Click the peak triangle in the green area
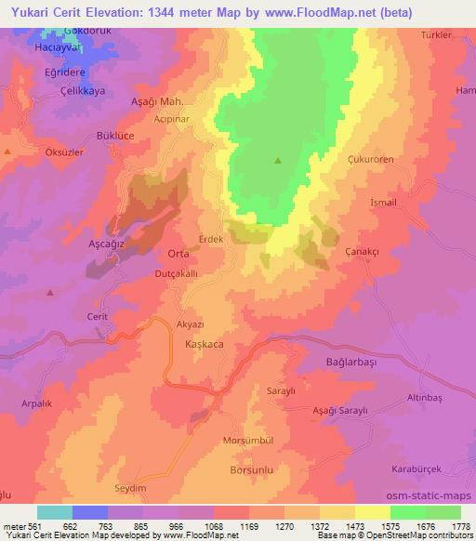[x=278, y=160]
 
